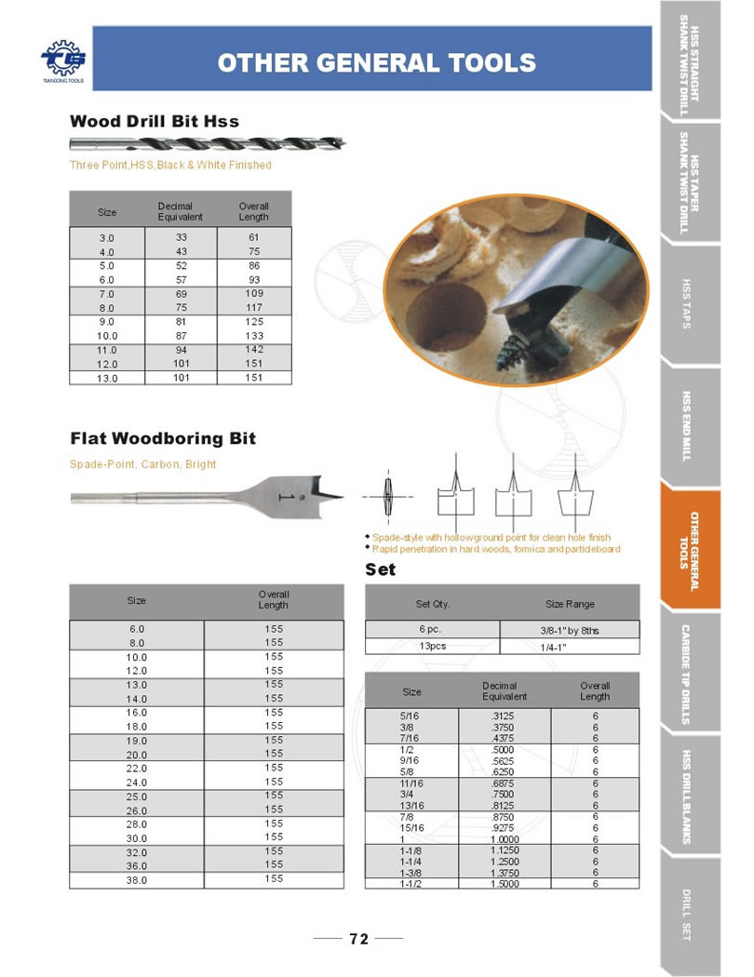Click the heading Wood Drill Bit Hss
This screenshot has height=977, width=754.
155,121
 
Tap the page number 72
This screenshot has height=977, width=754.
358,939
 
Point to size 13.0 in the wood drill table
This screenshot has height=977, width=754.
107,378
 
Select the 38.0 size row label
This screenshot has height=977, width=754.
137,879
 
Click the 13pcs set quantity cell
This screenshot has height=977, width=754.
432,645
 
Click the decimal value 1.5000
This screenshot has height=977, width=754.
505,884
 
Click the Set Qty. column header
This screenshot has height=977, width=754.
432,604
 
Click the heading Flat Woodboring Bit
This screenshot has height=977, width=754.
163,438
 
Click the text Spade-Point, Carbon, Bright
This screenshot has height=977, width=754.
143,463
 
